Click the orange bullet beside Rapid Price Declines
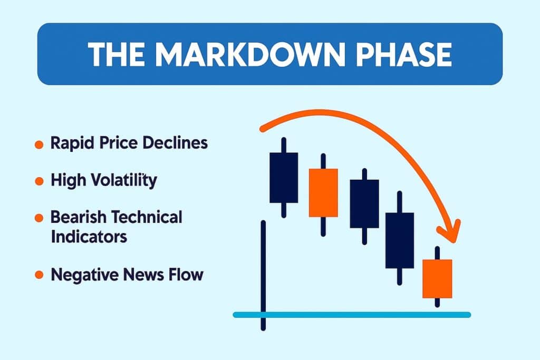pyautogui.click(x=38, y=144)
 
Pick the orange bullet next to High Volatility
pyautogui.click(x=38, y=181)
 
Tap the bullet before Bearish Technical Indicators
pyautogui.click(x=38, y=217)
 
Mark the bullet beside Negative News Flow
pyautogui.click(x=38, y=275)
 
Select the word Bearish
pyautogui.click(x=76, y=217)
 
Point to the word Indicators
pyautogui.click(x=89, y=236)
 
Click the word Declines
pyautogui.click(x=178, y=143)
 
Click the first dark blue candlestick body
pyautogui.click(x=284, y=177)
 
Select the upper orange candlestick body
pyautogui.click(x=323, y=192)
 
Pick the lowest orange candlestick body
pyautogui.click(x=437, y=278)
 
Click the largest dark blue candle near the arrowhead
pyautogui.click(x=399, y=240)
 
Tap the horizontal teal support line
pyautogui.click(x=352, y=315)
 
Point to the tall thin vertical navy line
pyautogui.click(x=263, y=274)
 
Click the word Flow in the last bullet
pyautogui.click(x=188, y=275)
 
